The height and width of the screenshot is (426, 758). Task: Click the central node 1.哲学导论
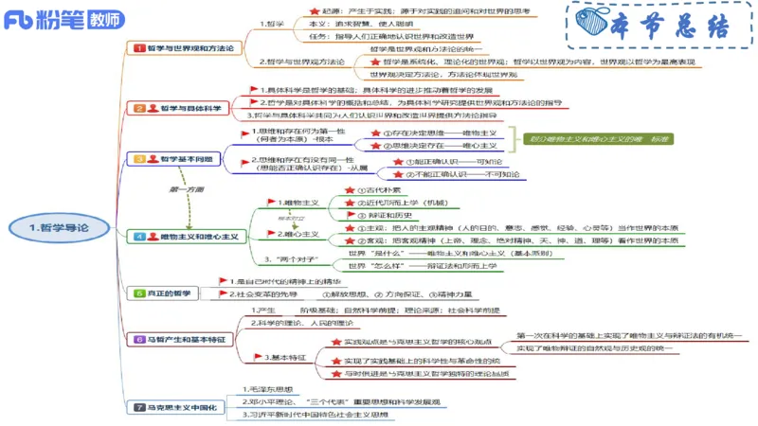click(59, 227)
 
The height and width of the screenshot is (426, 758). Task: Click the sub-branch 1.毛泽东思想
click(274, 389)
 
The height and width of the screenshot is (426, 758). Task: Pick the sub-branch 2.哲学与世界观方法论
click(301, 62)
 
